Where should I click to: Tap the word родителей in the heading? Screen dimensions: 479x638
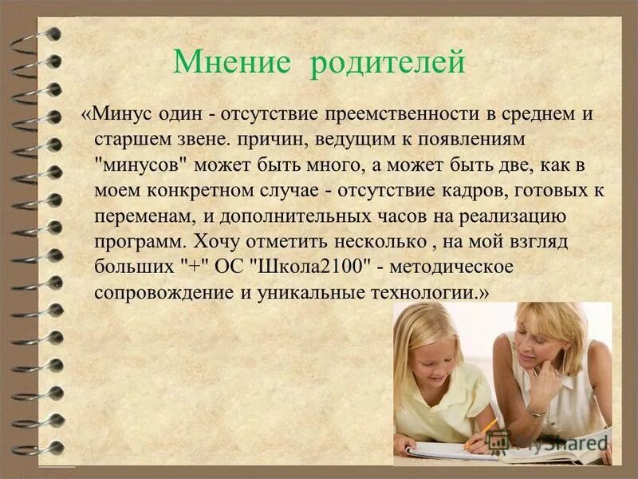(x=386, y=62)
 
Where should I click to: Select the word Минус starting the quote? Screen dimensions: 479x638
(x=117, y=113)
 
